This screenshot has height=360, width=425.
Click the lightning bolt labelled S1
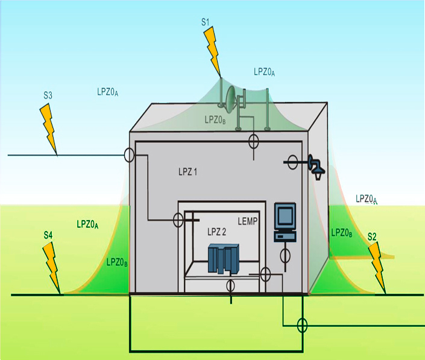[212, 51]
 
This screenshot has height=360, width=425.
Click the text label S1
[206, 22]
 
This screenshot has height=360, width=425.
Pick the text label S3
[48, 95]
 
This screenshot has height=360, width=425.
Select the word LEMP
[248, 221]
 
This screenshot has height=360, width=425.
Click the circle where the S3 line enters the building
[129, 155]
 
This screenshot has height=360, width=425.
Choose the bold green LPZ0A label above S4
[87, 224]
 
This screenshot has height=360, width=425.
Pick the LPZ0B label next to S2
[341, 233]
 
